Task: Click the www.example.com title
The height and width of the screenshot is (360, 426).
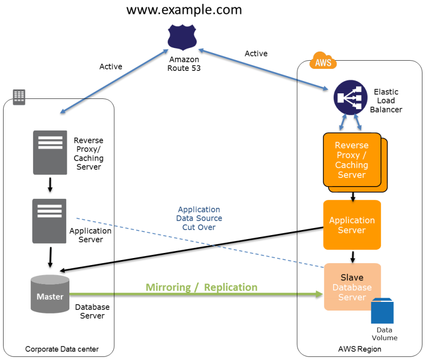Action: [184, 9]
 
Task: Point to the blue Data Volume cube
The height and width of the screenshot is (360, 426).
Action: [382, 311]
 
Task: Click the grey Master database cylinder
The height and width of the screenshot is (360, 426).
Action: [49, 294]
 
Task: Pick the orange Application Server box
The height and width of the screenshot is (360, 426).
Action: [352, 225]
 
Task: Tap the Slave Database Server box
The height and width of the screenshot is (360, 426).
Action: [352, 287]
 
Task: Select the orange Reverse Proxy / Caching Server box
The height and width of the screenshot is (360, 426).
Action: [352, 160]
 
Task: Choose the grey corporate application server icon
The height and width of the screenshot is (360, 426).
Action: [49, 221]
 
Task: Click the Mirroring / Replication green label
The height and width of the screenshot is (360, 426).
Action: [202, 288]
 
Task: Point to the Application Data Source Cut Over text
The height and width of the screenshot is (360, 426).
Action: [199, 218]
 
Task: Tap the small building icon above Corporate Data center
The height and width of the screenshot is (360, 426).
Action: [19, 96]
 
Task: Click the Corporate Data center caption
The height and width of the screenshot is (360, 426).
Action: [62, 349]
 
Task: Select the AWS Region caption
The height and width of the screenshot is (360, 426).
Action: [360, 349]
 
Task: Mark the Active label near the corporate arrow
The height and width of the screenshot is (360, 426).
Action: [111, 66]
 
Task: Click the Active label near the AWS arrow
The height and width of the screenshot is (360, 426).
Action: [256, 54]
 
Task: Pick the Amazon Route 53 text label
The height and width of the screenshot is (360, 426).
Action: [184, 64]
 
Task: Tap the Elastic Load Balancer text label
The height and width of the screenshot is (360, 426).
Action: [386, 101]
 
